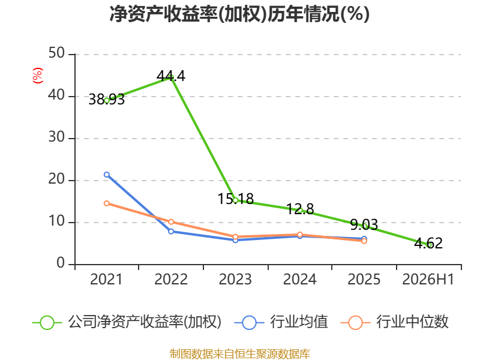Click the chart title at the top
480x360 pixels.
[x=239, y=14]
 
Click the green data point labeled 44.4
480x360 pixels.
[x=171, y=78]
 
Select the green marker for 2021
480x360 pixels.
[x=107, y=100]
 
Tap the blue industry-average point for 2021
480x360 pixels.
[x=107, y=175]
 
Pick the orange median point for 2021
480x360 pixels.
[x=107, y=203]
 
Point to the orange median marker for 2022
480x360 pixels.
[x=171, y=221]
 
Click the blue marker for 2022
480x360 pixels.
[x=171, y=232]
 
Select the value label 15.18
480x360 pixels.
[x=235, y=199]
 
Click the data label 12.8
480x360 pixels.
[x=300, y=209]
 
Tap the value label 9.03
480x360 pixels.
[x=364, y=224]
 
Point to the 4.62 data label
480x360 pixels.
[x=428, y=244]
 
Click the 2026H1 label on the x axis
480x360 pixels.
[x=428, y=280]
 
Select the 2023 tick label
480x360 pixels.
[x=235, y=280]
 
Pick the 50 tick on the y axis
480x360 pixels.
[x=56, y=53]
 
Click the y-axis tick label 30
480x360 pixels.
[x=56, y=137]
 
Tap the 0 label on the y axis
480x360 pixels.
[x=61, y=263]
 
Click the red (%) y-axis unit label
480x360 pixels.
[x=38, y=76]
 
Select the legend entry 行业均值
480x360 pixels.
[x=281, y=322]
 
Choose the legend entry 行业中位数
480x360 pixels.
[x=394, y=322]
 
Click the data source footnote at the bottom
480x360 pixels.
[x=240, y=354]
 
